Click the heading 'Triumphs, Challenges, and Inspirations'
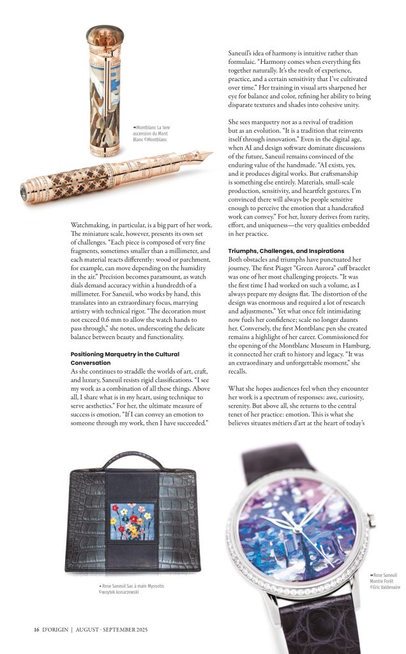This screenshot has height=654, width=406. [x=286, y=251]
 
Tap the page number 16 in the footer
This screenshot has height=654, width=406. [x=37, y=629]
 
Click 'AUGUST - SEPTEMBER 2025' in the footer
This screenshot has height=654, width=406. [x=111, y=629]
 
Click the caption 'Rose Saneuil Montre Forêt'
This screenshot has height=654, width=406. [x=385, y=578]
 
